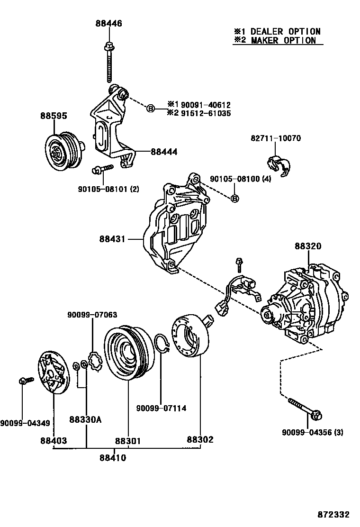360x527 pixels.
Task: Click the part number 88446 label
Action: tap(109, 23)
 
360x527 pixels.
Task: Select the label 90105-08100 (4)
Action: tap(240, 179)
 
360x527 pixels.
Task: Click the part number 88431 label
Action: tap(112, 239)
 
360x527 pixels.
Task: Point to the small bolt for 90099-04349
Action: tap(25, 381)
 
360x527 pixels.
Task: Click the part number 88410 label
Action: tap(113, 457)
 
